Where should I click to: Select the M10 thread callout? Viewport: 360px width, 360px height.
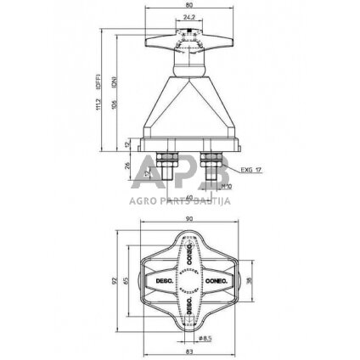pos(226,185)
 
